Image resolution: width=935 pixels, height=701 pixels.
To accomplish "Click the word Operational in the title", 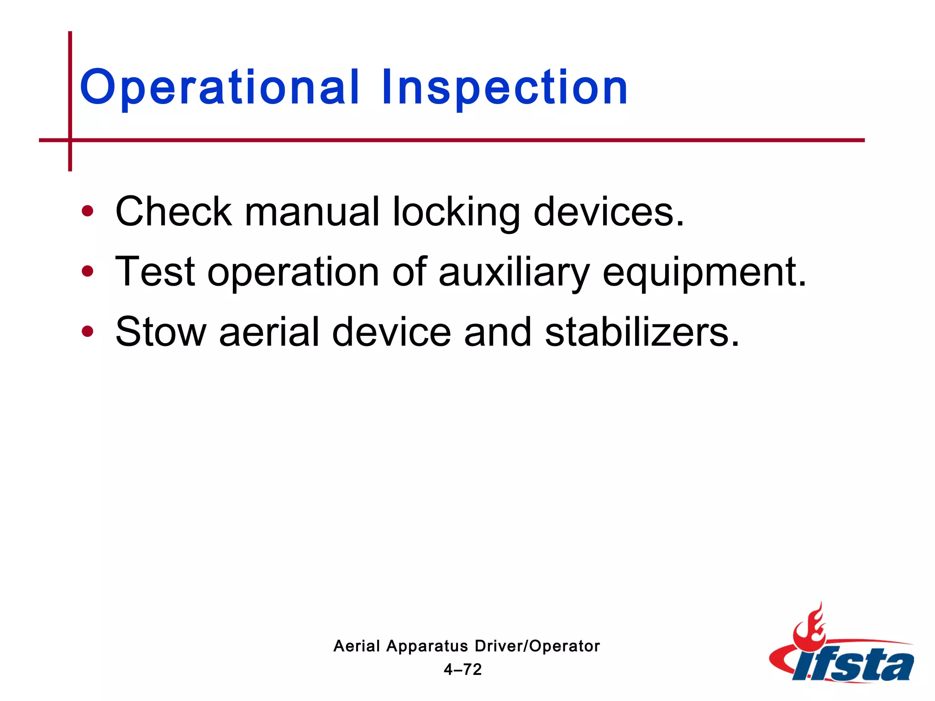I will (219, 88).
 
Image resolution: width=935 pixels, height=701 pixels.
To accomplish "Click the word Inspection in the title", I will (504, 88).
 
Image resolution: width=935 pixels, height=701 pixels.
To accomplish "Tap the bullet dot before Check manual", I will (87, 211).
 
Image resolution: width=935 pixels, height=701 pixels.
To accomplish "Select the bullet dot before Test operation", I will (87, 272).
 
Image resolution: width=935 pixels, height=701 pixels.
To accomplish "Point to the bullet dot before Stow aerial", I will (87, 332).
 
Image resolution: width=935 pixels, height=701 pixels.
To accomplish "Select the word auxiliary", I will (514, 273).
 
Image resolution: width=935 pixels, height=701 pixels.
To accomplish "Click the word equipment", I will (704, 273).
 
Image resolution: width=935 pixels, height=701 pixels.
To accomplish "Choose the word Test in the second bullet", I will (155, 272).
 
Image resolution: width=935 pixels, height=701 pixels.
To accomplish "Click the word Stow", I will (161, 332).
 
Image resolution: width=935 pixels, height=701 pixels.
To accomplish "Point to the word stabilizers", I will (641, 332).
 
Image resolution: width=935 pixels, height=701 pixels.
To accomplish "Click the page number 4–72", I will (463, 670).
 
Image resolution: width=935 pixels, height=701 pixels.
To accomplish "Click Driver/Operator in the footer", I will (537, 646).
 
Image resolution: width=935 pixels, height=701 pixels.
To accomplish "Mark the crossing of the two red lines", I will (70, 140).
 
